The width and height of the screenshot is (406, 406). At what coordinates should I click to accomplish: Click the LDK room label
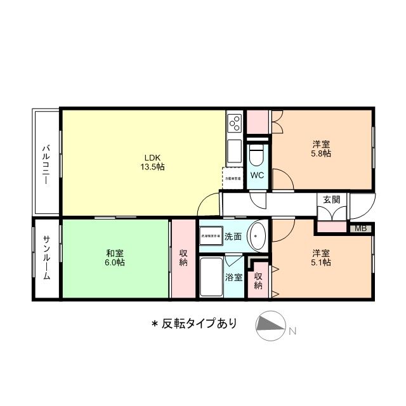[x=152, y=157]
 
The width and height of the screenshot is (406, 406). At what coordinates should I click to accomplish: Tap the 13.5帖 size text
[x=152, y=167]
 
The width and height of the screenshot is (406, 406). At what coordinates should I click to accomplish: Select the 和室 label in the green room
[x=115, y=252]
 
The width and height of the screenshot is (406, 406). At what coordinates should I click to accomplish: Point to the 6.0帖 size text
[x=115, y=262]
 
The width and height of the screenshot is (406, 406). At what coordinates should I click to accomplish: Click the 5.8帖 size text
[x=320, y=153]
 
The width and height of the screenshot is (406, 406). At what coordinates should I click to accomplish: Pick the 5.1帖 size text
[x=320, y=262]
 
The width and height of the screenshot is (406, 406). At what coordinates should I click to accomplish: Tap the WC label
[x=257, y=175]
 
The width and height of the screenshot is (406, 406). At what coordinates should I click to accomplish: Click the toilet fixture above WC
[x=257, y=154]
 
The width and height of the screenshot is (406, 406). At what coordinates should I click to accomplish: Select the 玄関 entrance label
[x=331, y=199]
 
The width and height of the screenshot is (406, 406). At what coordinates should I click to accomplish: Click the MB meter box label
[x=360, y=228]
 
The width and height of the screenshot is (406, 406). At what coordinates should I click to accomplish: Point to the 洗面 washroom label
[x=232, y=237]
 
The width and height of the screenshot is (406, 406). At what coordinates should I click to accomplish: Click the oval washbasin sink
[x=257, y=236]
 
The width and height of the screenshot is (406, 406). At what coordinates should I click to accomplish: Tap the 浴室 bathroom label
[x=233, y=277]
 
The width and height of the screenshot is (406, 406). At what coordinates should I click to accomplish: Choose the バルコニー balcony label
[x=46, y=164]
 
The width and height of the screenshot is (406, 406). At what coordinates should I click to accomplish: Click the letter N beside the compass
[x=292, y=331]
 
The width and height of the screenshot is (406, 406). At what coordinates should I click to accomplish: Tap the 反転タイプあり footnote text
[x=194, y=324]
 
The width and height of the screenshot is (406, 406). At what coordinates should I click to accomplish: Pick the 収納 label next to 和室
[x=183, y=258]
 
